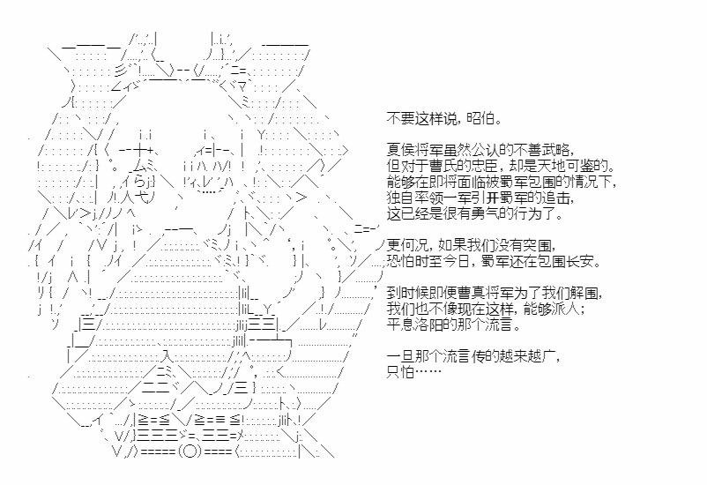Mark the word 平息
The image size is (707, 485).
[x=401, y=325]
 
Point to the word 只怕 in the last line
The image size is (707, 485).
[x=400, y=372]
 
